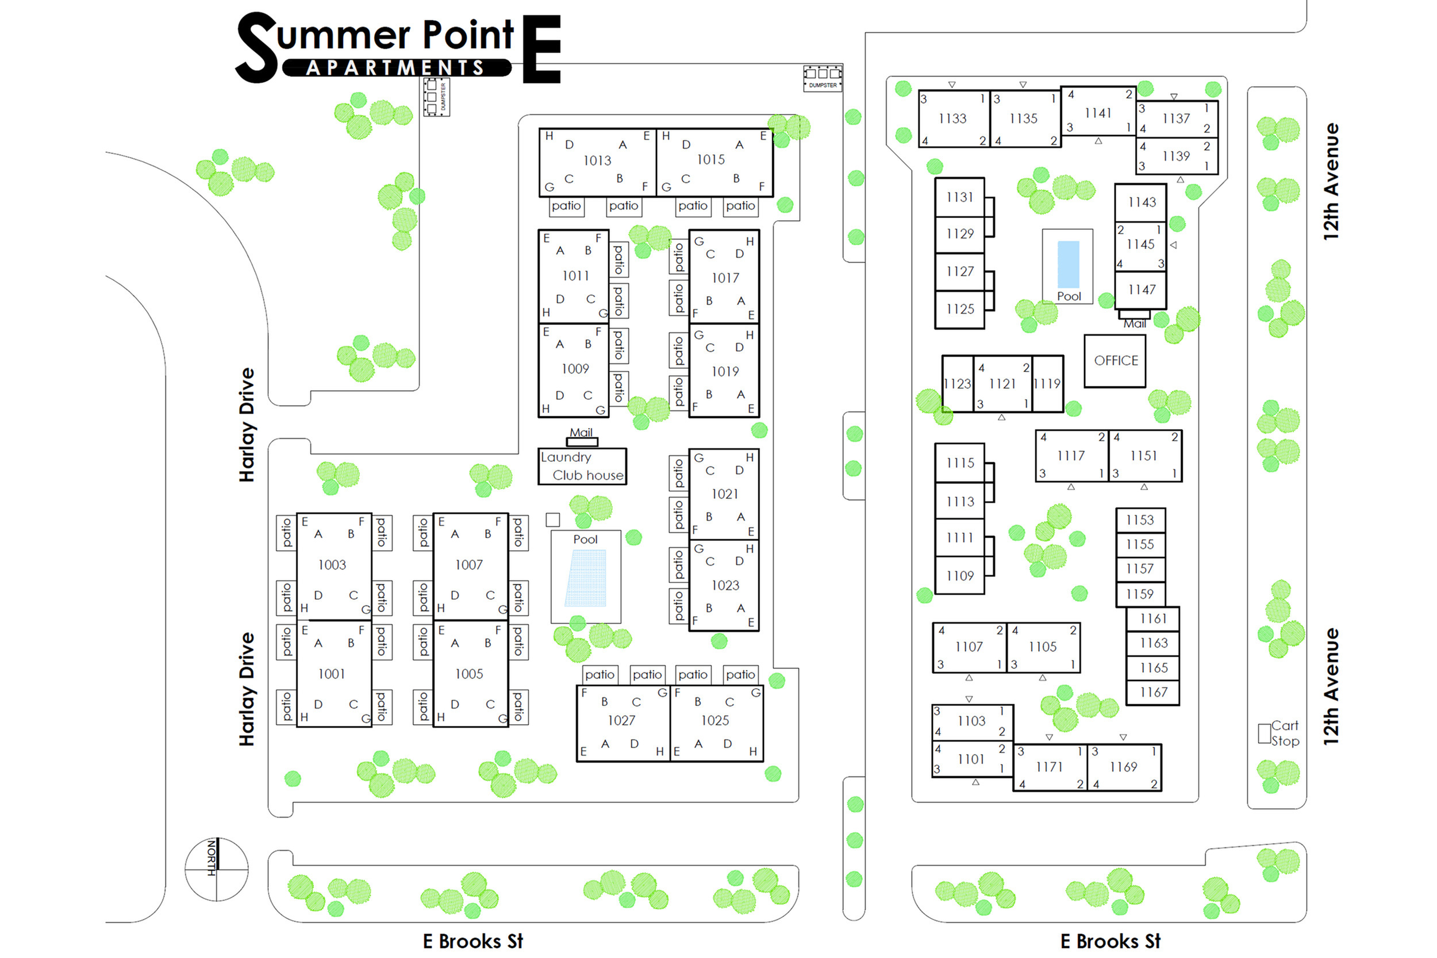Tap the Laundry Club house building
click(582, 466)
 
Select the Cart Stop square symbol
click(1264, 733)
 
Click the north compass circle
click(216, 869)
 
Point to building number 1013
click(597, 161)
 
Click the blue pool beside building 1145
click(1068, 264)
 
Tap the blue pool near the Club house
click(585, 578)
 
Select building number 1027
click(621, 721)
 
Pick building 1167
click(1153, 692)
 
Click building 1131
click(959, 197)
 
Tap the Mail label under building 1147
click(1135, 324)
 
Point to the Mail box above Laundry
click(582, 441)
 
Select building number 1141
click(1098, 113)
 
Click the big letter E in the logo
click(541, 49)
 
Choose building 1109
click(959, 575)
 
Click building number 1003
click(332, 565)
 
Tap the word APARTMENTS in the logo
click(395, 68)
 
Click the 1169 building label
click(1123, 767)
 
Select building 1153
click(1139, 520)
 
